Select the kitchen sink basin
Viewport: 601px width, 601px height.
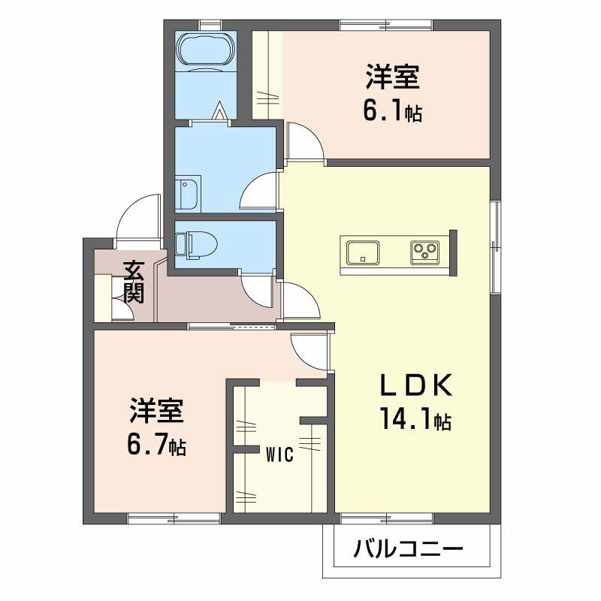point(363,252)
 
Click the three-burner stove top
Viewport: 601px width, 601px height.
point(424,252)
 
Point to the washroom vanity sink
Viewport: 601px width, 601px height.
point(188,194)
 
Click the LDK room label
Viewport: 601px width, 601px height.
point(416,385)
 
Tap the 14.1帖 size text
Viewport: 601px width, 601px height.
point(415,419)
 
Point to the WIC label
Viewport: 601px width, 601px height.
point(279,455)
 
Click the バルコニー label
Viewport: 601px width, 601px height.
point(408,549)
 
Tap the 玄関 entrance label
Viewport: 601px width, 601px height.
point(134,282)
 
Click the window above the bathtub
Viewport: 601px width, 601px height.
point(211,25)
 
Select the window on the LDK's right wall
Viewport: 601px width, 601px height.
point(495,247)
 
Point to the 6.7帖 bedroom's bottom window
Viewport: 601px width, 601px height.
point(174,518)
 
